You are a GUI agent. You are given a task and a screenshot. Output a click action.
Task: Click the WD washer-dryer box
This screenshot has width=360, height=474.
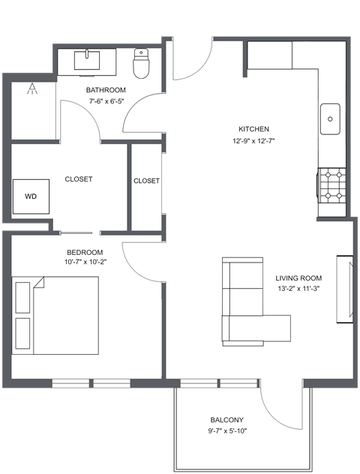coord(31,196)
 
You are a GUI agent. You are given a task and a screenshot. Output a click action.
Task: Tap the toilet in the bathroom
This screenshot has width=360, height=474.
coord(141,65)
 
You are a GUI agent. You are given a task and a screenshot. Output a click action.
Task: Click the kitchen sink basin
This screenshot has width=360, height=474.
coord(330,118)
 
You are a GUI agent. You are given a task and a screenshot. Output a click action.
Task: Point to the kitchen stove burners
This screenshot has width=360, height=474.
coord(334,184)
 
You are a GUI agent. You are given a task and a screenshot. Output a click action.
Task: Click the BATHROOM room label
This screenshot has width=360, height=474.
coord(106,90)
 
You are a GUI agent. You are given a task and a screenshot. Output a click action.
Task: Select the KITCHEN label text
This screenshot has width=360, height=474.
coord(253,129)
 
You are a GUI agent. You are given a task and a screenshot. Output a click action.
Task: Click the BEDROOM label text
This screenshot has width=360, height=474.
coord(84,252)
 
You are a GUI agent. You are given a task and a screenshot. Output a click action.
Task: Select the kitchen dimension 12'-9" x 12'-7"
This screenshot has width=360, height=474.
coord(253,140)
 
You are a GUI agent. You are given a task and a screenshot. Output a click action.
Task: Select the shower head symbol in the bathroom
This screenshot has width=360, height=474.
coord(32,90)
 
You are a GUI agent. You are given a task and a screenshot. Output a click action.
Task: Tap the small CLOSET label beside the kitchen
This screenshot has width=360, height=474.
coord(146,181)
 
